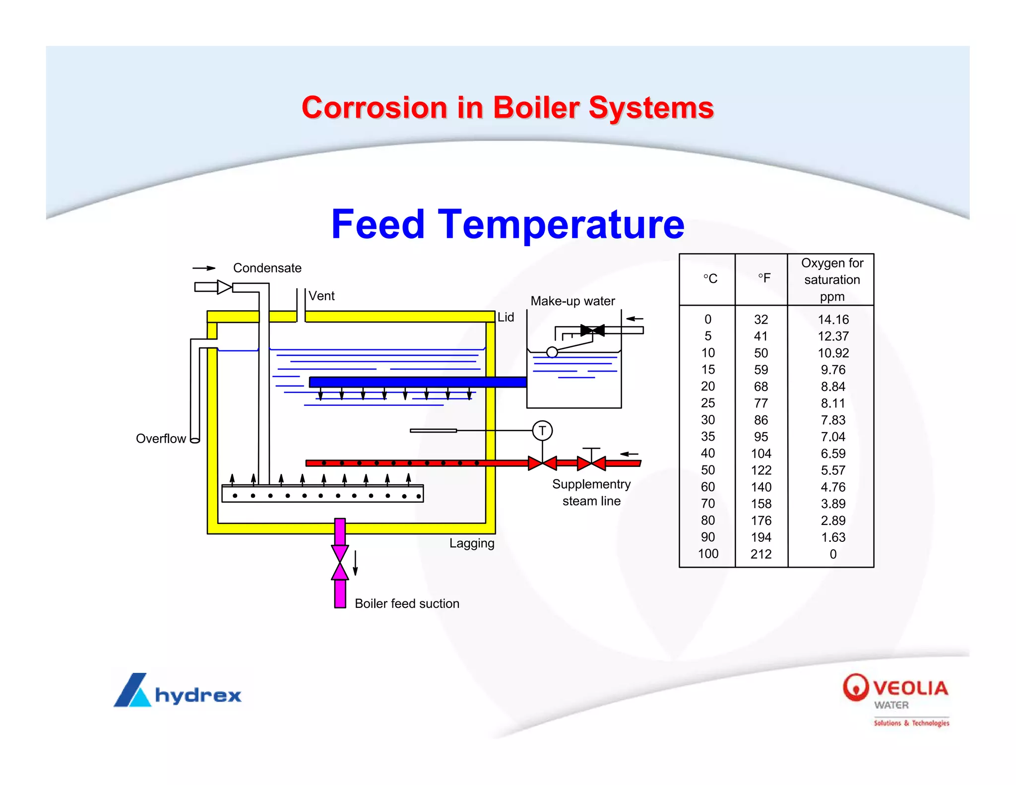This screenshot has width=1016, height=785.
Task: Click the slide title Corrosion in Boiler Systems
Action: tap(508, 108)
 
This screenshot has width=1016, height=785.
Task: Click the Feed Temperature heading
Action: tap(508, 224)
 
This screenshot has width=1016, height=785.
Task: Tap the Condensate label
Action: tap(267, 268)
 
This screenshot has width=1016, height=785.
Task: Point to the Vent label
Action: tap(321, 296)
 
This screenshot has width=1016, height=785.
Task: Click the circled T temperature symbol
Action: tap(542, 431)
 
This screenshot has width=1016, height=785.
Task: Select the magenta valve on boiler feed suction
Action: tap(340, 563)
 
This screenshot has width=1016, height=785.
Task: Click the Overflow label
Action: tap(161, 439)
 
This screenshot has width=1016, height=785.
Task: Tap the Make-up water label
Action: tap(572, 301)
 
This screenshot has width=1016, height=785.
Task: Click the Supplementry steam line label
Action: tap(591, 492)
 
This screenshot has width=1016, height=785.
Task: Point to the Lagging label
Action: tap(472, 543)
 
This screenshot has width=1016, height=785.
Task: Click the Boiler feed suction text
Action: tap(407, 603)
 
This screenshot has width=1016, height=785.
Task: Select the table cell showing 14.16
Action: tap(833, 320)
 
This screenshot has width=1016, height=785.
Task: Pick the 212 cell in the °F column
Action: tap(761, 554)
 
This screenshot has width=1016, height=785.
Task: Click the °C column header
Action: tap(710, 279)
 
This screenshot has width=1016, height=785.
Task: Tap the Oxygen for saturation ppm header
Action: tap(832, 279)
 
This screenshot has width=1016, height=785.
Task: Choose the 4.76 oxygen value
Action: tap(833, 487)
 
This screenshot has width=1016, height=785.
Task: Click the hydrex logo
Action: tap(178, 691)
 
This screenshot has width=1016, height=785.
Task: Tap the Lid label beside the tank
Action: tap(506, 317)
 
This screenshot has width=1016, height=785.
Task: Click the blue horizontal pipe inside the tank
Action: tap(417, 382)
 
